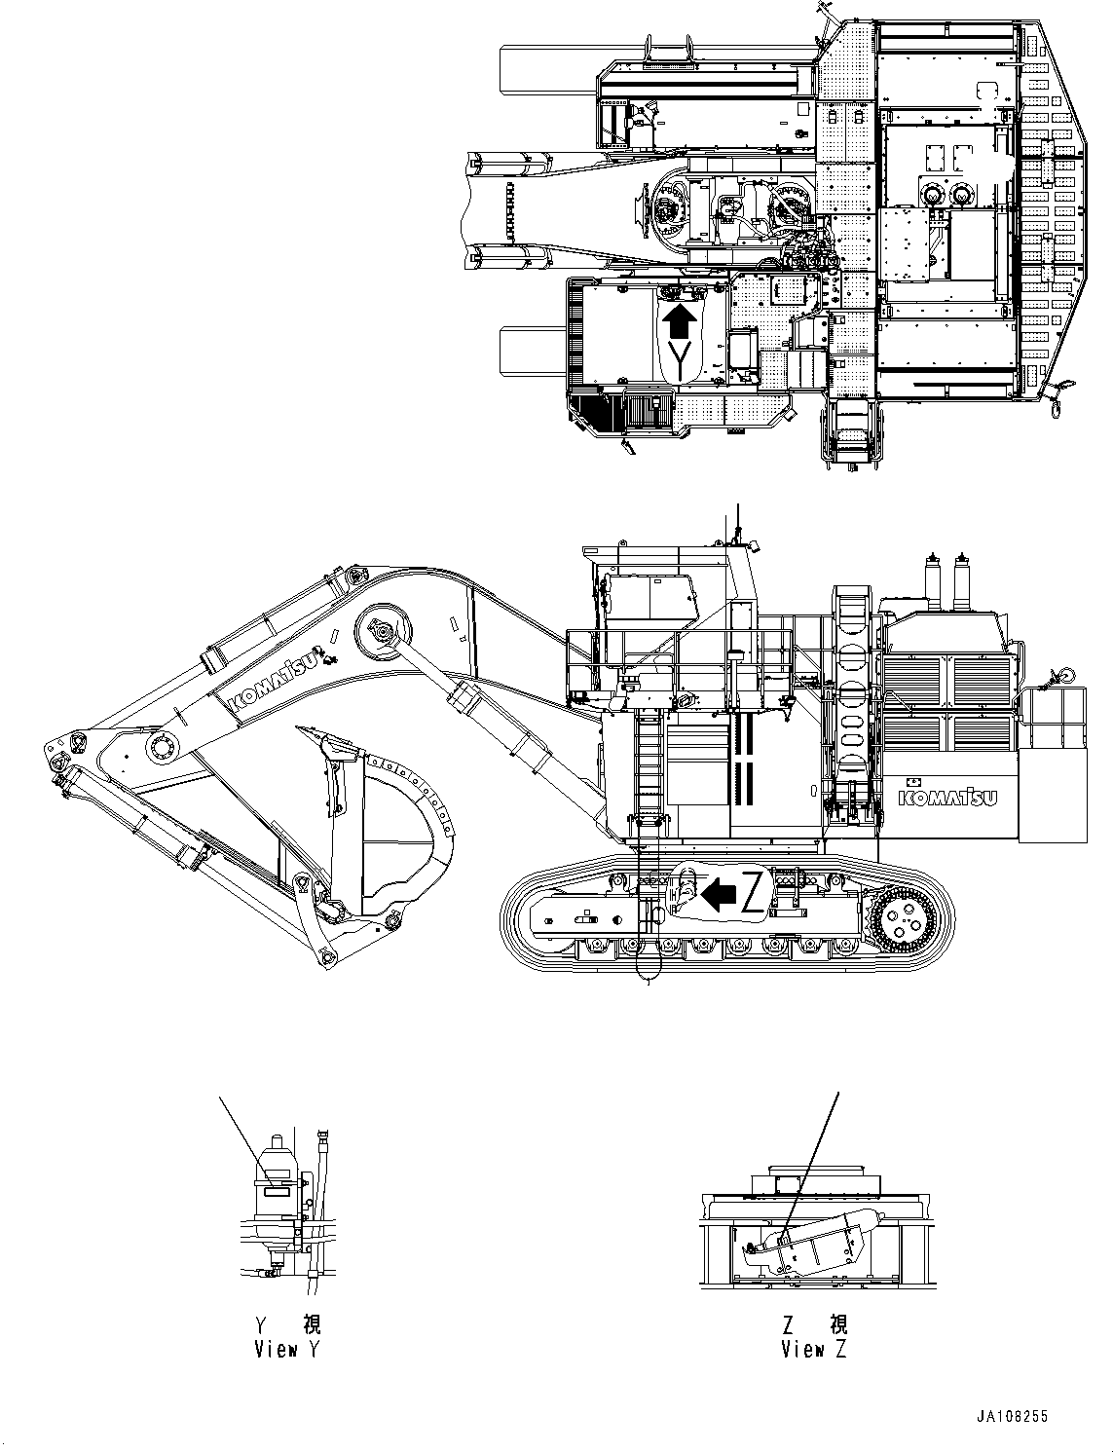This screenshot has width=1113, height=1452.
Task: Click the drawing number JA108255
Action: pos(1013,1417)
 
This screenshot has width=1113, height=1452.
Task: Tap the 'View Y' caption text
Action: pos(286,1349)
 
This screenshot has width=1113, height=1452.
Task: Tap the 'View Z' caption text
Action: pos(814,1349)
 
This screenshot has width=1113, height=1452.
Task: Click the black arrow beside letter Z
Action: pos(720,893)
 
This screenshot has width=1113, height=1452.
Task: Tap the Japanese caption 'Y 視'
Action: pos(286,1324)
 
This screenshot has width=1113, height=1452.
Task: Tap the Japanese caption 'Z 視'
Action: pos(814,1324)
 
